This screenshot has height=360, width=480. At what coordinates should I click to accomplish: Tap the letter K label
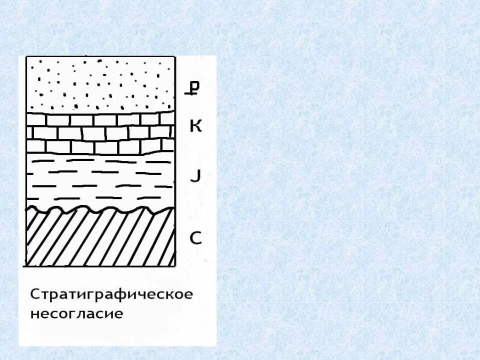(x=195, y=126)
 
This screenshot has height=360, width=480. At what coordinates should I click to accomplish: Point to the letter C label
(x=195, y=238)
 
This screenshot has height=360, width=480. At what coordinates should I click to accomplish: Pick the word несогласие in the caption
(x=76, y=314)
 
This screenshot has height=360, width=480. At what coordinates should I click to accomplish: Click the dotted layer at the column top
(x=100, y=82)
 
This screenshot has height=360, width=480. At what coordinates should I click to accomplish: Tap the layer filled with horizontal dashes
(x=100, y=180)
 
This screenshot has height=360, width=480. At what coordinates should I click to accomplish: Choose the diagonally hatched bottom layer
(x=100, y=237)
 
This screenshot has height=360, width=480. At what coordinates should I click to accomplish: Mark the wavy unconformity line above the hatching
(x=100, y=209)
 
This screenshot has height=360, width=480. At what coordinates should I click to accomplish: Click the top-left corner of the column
(x=25, y=56)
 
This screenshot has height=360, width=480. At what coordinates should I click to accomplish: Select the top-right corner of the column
(x=175, y=56)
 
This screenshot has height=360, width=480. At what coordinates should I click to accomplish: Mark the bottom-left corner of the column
(x=25, y=266)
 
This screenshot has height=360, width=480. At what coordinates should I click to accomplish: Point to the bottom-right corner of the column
(x=175, y=266)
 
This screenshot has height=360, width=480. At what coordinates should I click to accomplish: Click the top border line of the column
(x=100, y=56)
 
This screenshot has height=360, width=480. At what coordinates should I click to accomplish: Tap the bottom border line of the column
(x=100, y=266)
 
